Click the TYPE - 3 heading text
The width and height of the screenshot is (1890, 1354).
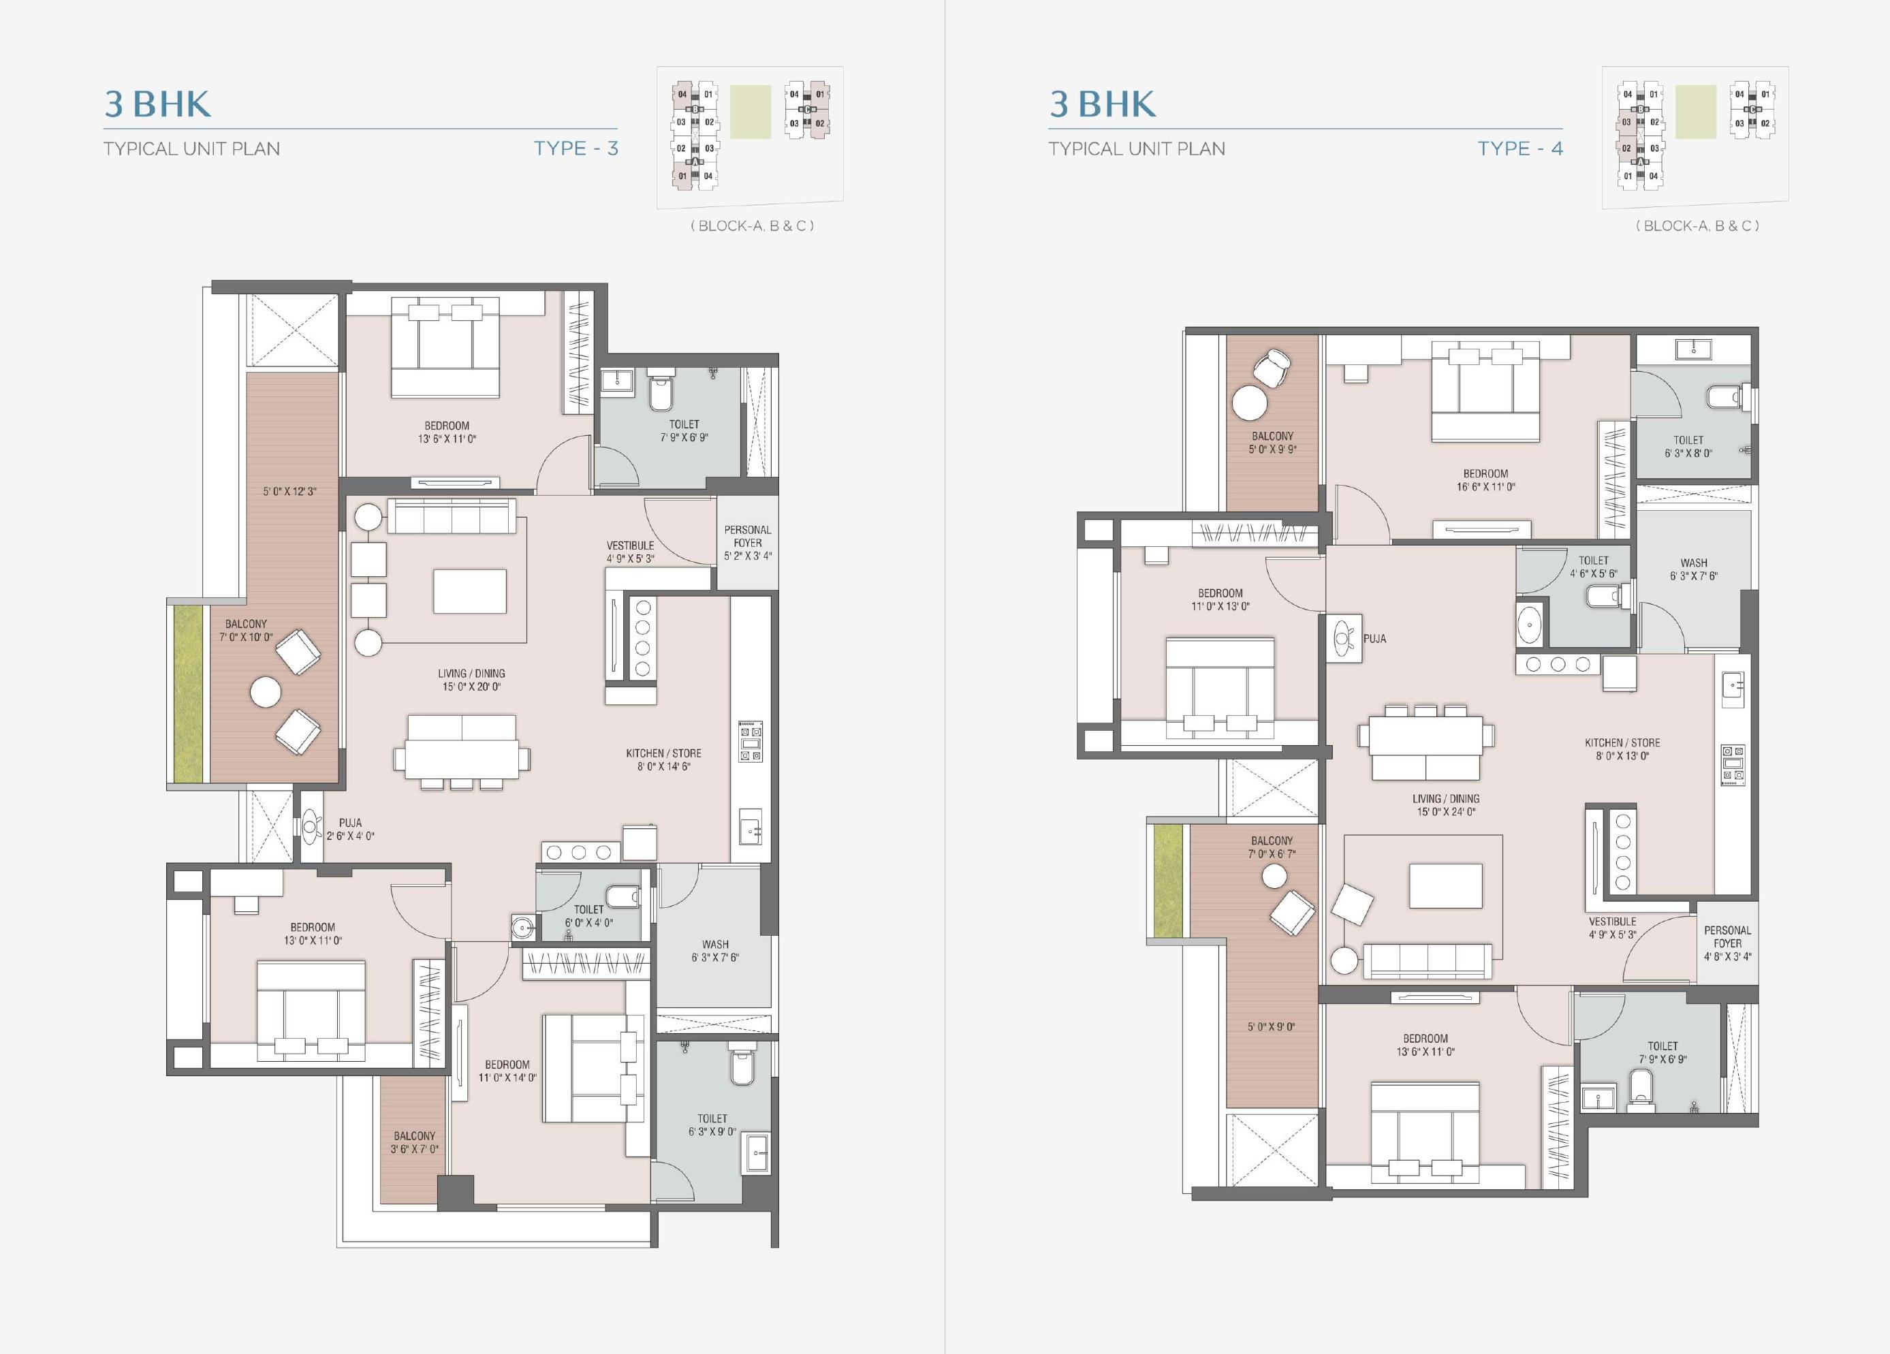[x=576, y=148]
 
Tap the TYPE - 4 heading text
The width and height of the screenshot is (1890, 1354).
[x=1520, y=148]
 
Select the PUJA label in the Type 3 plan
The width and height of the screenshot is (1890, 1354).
[x=350, y=822]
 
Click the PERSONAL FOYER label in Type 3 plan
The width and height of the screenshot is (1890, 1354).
[x=748, y=536]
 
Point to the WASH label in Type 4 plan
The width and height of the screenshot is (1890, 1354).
[x=1694, y=563]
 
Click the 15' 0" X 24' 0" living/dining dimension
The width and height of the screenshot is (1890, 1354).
[x=1446, y=812]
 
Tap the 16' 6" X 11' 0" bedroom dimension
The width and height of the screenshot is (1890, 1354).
[x=1486, y=486]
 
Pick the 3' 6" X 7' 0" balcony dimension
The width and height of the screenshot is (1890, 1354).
[x=414, y=1149]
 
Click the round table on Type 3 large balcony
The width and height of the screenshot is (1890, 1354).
[x=266, y=693]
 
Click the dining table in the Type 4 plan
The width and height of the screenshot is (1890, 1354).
[x=1425, y=736]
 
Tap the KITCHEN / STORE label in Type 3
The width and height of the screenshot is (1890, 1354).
[x=663, y=753]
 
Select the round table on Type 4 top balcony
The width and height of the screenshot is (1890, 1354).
[x=1249, y=404]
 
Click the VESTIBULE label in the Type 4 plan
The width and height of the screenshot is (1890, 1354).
[x=1613, y=922]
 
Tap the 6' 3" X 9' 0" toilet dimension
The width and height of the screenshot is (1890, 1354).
[x=712, y=1131]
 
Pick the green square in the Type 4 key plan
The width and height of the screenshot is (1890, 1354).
[x=1696, y=112]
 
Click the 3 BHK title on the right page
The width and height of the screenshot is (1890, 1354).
[x=1103, y=104]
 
